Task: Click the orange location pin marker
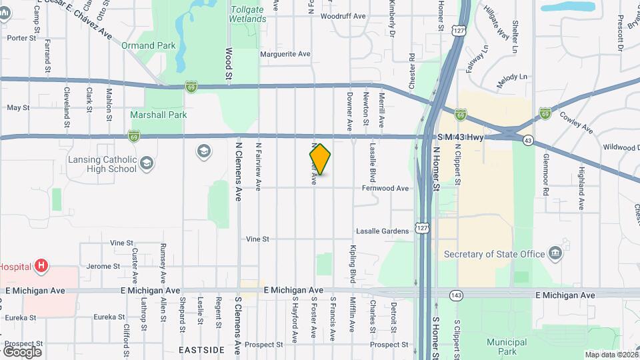pos(320,159)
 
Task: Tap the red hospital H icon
pos(41,266)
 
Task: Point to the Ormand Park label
pos(147,45)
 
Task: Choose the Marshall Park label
pos(159,115)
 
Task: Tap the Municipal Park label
pos(507,346)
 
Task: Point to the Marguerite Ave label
pos(285,54)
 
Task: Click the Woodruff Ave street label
pos(343,16)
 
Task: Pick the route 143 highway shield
pos(456,294)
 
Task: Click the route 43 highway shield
pos(528,141)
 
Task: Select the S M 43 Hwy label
pos(461,137)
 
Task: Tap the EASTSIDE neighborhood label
pos(201,349)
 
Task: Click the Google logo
pos(22,351)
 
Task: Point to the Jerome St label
pos(103,266)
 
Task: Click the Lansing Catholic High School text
pos(103,165)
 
